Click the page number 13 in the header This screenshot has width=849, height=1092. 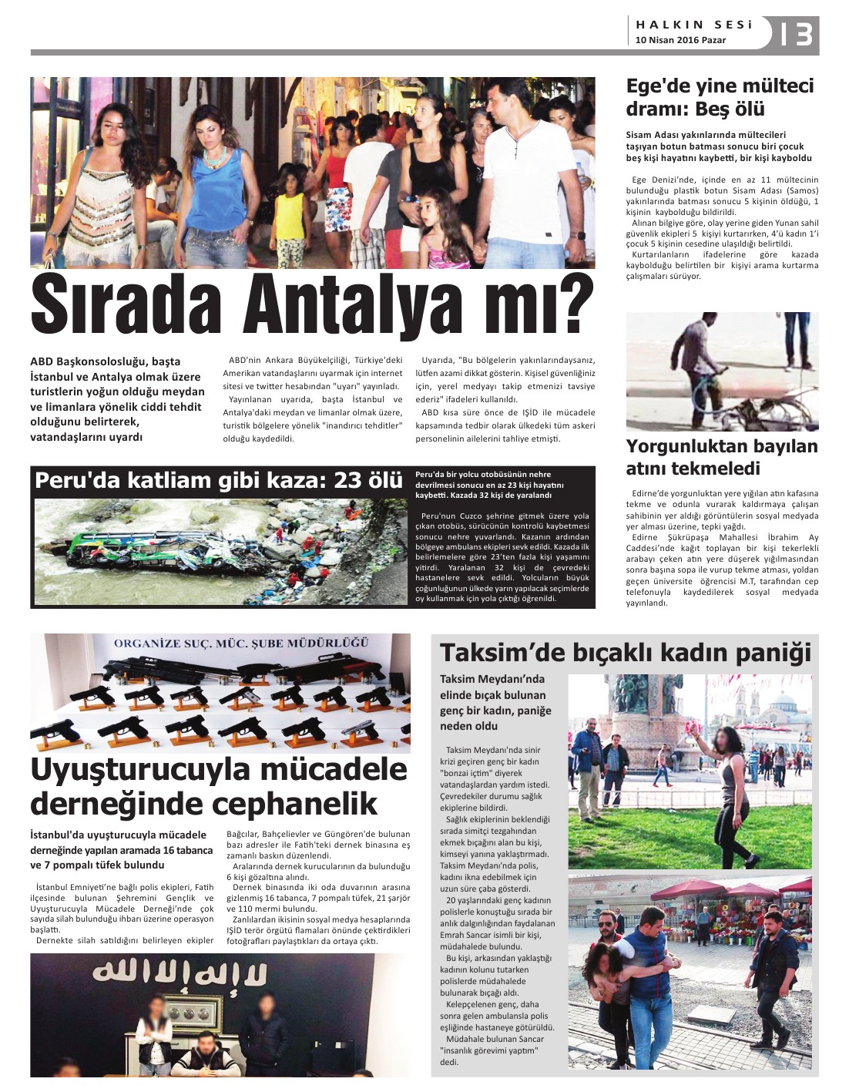point(795,33)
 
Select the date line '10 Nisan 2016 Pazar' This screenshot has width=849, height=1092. point(680,40)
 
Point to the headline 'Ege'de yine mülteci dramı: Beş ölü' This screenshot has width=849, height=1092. point(719,97)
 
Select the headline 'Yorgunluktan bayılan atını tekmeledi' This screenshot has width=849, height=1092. point(721,457)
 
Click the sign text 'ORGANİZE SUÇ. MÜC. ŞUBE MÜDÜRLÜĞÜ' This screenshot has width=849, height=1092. point(241,643)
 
